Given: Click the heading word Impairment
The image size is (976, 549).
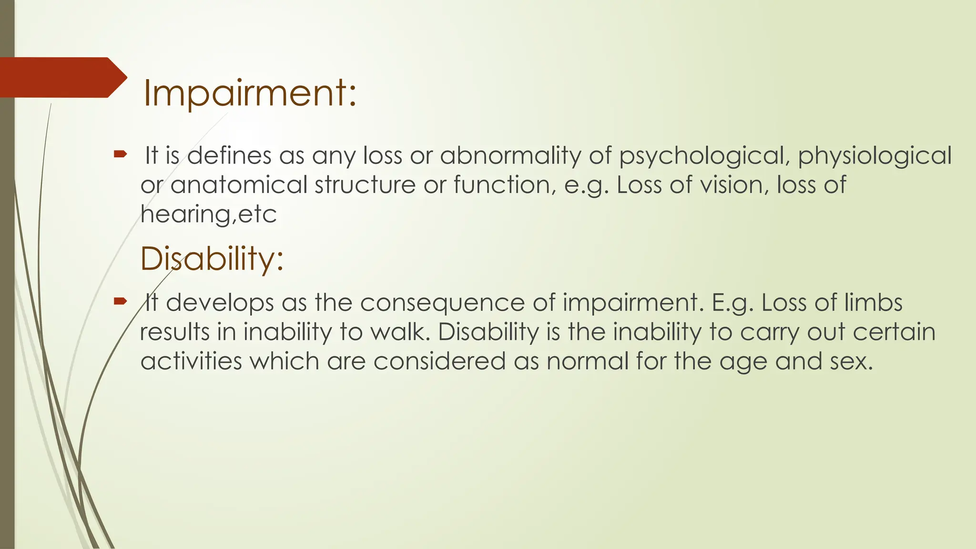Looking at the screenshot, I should coord(249,93).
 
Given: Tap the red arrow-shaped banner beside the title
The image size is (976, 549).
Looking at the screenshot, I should coord(62,77).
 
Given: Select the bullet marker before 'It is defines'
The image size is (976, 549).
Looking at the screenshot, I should coord(120,154).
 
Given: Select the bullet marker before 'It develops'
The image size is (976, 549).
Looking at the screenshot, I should coord(120,301).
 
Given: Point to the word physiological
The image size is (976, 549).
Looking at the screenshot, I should coord(874,156).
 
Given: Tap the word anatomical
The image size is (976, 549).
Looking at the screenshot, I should coord(238,185).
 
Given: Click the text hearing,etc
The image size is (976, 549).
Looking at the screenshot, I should coord(208,214).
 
